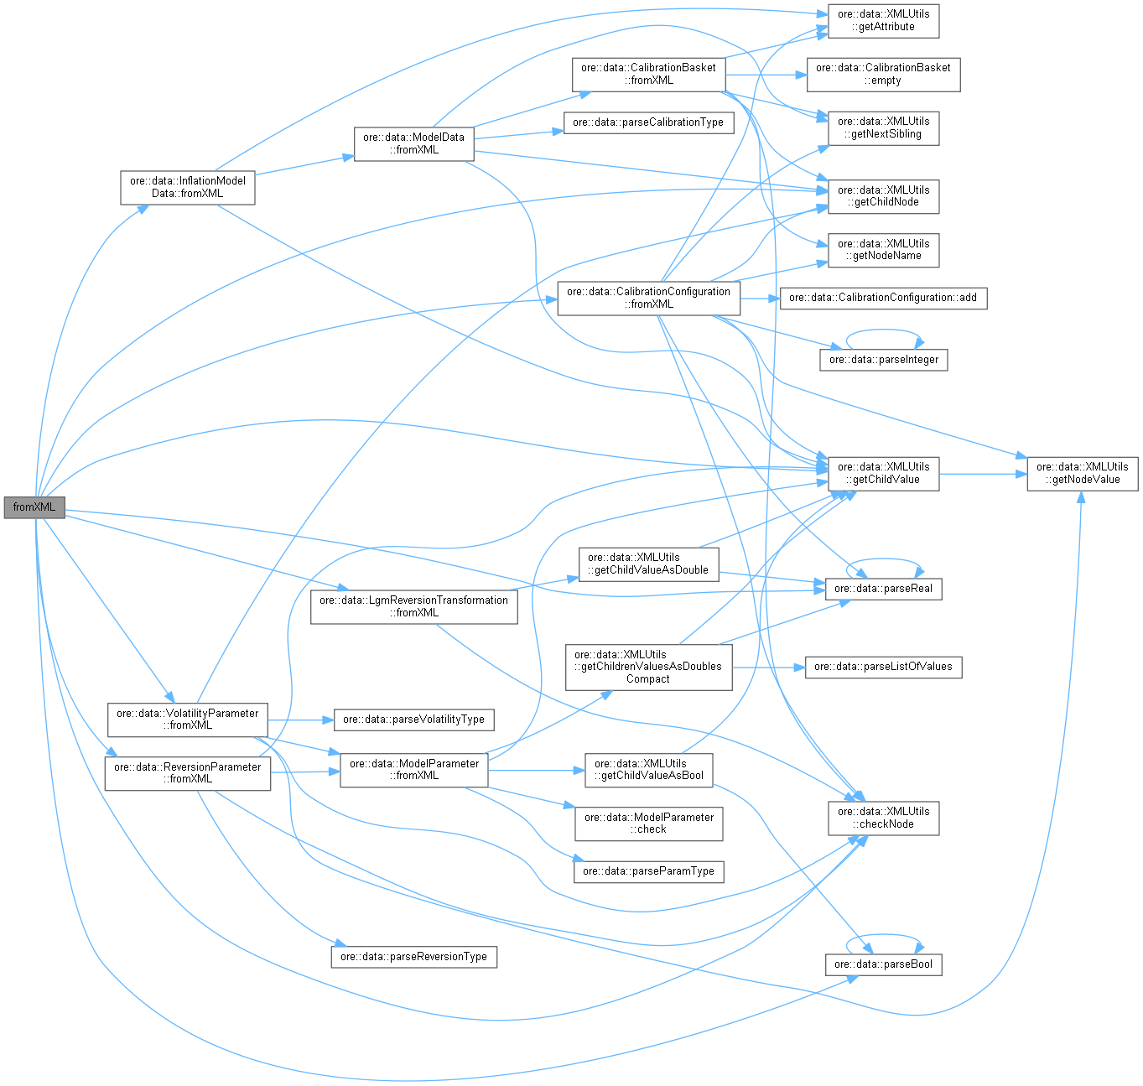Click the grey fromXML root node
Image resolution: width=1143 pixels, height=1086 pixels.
[x=34, y=507]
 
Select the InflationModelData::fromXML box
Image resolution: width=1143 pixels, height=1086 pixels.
[x=187, y=187]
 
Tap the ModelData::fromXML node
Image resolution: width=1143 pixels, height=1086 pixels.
[x=413, y=143]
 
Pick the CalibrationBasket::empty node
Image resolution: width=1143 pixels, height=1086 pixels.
[x=883, y=74]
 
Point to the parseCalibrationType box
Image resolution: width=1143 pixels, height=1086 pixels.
[x=647, y=122]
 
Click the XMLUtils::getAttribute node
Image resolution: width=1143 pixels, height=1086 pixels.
[x=883, y=20]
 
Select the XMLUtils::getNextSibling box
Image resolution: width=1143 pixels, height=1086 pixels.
[x=883, y=127]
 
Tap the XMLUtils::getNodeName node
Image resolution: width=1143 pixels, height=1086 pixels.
[x=883, y=250]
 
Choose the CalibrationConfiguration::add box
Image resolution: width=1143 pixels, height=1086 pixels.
[x=882, y=298]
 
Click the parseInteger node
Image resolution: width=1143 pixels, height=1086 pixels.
[x=883, y=360]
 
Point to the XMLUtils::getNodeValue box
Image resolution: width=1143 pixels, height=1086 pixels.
[x=1082, y=473]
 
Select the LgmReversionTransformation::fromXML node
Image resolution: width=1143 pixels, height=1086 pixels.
[x=413, y=606]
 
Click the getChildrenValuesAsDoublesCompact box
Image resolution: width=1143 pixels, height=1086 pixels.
[x=647, y=667]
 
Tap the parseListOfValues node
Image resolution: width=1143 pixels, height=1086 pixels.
[x=883, y=667]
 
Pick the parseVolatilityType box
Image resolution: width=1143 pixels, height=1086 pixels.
[x=413, y=720]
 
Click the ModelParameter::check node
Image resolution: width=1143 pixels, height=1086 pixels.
[x=648, y=823]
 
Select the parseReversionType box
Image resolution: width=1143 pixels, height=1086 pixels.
[x=413, y=957]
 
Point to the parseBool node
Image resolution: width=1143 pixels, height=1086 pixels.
[x=883, y=964]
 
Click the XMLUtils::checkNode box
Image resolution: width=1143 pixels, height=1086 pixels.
[x=883, y=818]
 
